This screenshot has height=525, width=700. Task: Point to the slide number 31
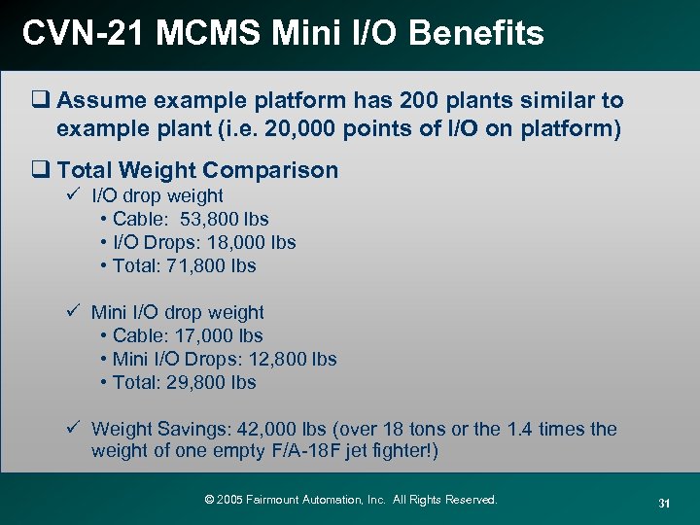[x=665, y=503]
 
